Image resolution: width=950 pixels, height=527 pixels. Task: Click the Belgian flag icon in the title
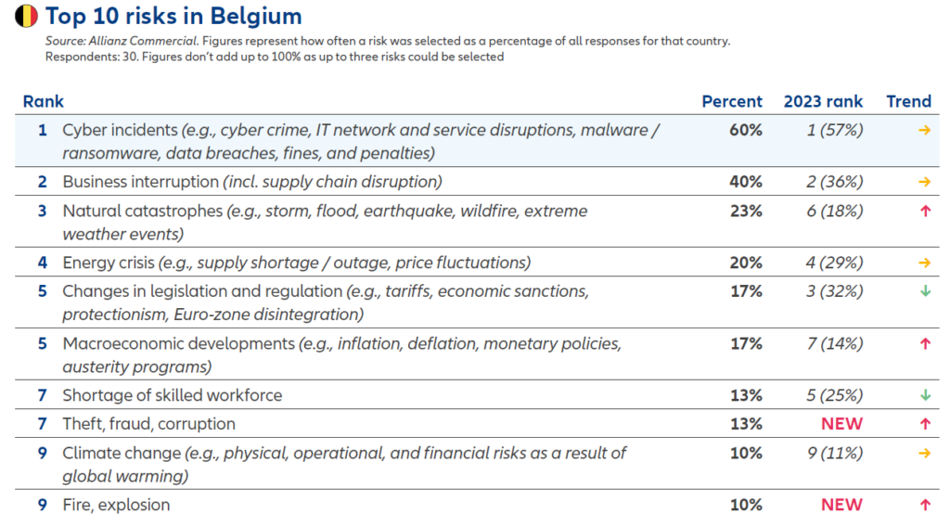tap(26, 16)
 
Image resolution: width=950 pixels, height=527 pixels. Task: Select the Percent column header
tap(732, 102)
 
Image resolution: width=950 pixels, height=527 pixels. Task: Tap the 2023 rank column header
tap(823, 102)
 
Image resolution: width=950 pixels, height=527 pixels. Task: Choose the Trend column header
tap(908, 102)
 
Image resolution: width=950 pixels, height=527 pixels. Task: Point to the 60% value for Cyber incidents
tap(746, 131)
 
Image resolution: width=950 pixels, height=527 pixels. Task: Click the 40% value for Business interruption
tap(746, 182)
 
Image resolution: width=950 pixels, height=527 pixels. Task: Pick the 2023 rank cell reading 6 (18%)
tap(835, 212)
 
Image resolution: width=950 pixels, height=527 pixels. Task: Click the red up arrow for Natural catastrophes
tap(924, 212)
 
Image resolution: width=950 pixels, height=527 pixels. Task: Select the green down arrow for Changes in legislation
tap(924, 291)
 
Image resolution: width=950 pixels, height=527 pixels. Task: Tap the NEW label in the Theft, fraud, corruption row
tap(841, 424)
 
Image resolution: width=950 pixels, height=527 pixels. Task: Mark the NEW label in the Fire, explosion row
tap(841, 506)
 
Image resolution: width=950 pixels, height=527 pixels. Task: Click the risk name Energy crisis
tap(108, 263)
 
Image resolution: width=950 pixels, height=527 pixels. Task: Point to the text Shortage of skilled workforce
tap(173, 395)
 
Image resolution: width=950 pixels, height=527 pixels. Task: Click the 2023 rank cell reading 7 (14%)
tap(835, 344)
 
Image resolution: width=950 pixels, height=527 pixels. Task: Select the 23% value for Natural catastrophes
tap(746, 212)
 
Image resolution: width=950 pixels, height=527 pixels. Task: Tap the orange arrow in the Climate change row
tap(924, 454)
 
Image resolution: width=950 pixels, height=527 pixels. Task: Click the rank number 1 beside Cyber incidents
tap(42, 131)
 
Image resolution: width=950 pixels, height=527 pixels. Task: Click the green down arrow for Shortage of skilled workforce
tap(924, 395)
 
